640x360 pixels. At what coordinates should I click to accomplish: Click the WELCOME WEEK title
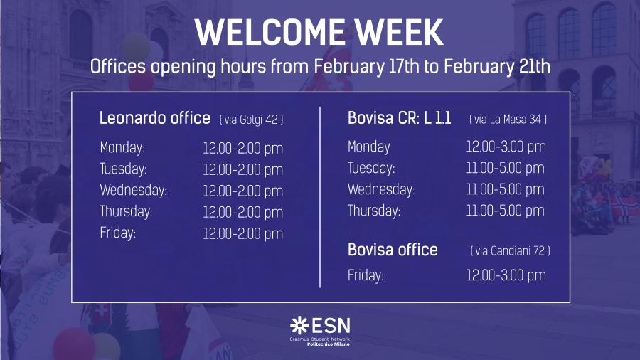point(319,32)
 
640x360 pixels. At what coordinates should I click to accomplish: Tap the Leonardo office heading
point(155,118)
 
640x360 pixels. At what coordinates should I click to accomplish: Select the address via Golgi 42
point(252,120)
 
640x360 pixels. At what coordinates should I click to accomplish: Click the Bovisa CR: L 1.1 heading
point(399,118)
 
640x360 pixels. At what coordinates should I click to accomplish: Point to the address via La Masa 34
point(508,120)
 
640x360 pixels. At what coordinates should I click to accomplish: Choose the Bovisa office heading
point(393,250)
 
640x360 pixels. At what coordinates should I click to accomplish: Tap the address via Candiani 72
point(510,250)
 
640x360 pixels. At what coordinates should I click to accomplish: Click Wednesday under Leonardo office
point(134,190)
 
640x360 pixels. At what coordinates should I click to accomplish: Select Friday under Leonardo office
point(117,233)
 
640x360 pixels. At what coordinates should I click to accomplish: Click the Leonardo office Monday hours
point(243,148)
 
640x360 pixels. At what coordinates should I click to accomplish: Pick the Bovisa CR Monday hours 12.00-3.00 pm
point(506,147)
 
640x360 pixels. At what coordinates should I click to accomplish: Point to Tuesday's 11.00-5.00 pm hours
point(506,168)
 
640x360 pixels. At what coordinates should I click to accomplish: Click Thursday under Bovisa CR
point(374,211)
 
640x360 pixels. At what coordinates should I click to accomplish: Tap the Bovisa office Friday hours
point(506,275)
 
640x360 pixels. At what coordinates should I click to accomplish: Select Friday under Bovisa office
point(366,275)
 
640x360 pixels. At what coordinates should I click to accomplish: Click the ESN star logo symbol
point(299,326)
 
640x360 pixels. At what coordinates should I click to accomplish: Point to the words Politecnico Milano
point(329,344)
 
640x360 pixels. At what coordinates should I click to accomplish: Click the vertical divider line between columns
point(320,198)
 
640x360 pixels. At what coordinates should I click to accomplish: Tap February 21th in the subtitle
point(497,67)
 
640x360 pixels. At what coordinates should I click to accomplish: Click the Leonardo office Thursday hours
point(243,212)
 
